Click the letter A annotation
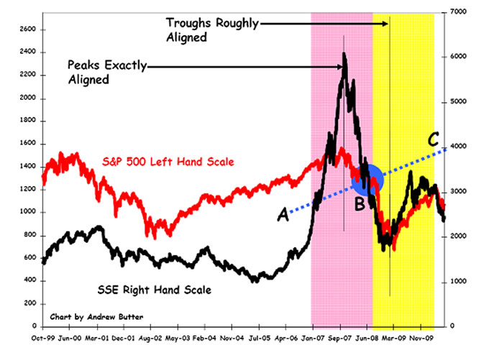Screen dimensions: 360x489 pos(283,213)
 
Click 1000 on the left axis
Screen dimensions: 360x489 pos(27,212)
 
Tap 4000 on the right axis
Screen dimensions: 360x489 pos(460,147)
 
